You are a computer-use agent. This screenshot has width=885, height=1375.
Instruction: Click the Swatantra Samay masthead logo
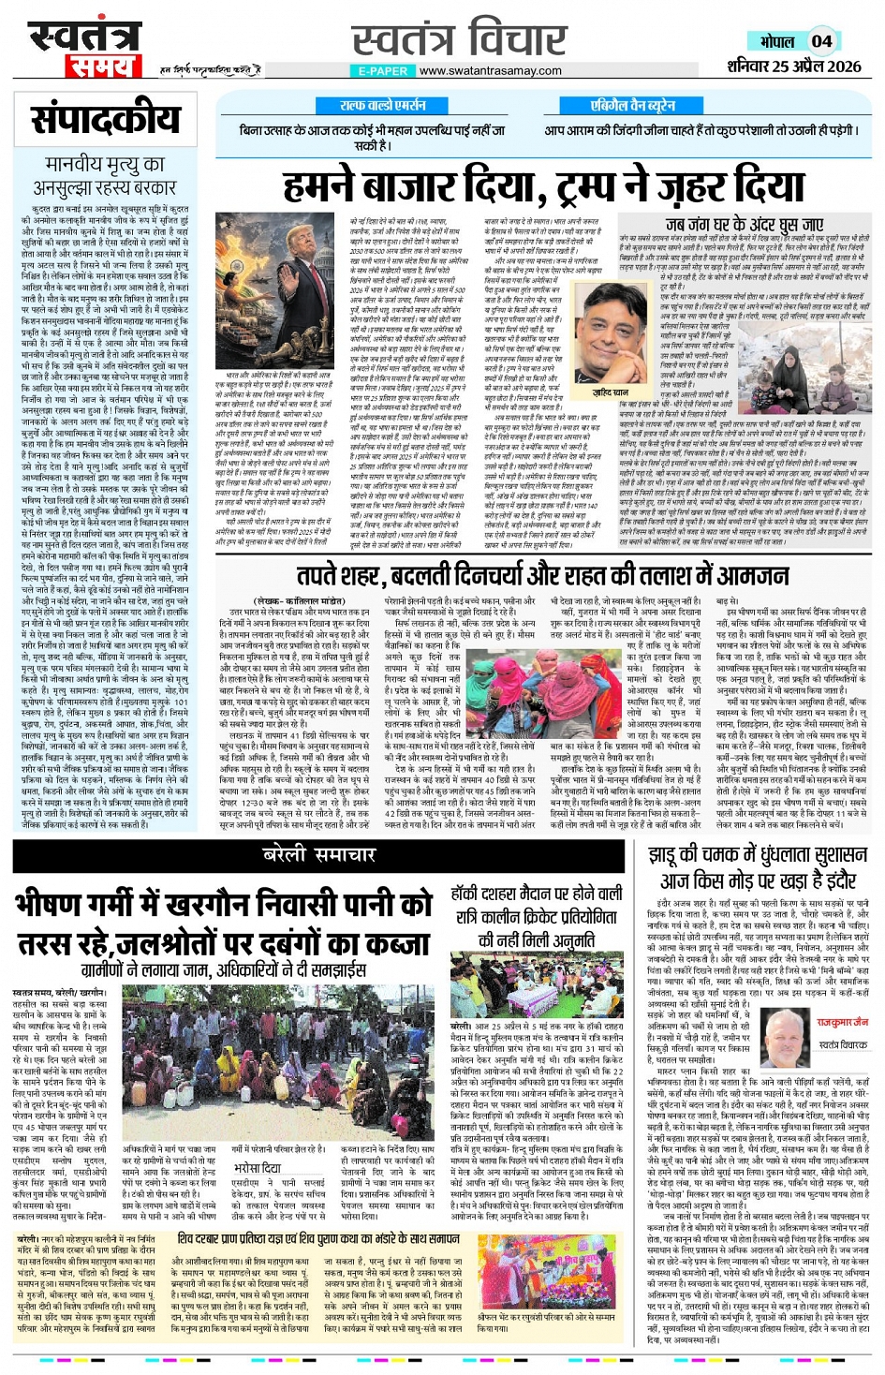84,49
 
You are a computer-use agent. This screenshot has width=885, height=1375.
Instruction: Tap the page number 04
821,41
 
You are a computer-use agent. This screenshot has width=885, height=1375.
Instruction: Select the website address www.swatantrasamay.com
490,71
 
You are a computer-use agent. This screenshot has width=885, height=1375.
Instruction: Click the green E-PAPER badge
382,71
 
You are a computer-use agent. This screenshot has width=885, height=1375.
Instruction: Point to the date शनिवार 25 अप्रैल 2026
793,67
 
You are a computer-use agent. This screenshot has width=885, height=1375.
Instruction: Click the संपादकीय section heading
105,121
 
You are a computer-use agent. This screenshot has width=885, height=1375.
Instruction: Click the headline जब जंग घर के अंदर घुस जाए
744,225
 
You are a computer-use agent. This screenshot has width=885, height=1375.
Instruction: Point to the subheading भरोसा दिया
258,1168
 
